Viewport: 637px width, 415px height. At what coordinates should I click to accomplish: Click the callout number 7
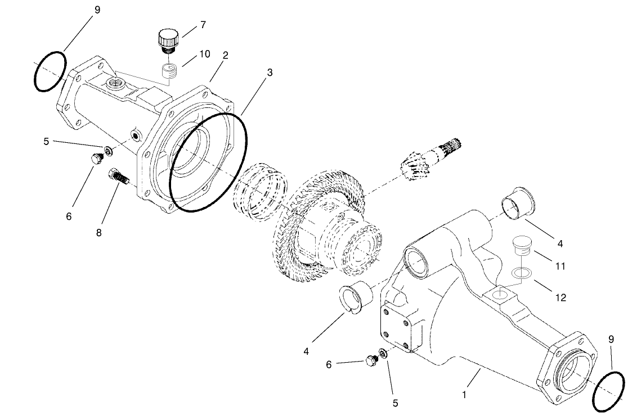(203, 25)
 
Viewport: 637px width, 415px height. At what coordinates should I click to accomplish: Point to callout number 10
(204, 54)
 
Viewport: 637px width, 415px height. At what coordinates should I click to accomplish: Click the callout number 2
(225, 55)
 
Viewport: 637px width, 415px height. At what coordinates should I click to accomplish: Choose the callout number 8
(99, 232)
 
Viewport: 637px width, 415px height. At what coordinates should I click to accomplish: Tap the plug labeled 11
(522, 246)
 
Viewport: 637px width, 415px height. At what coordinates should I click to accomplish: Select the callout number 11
(560, 265)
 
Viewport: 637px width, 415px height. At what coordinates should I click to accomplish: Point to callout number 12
(560, 297)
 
